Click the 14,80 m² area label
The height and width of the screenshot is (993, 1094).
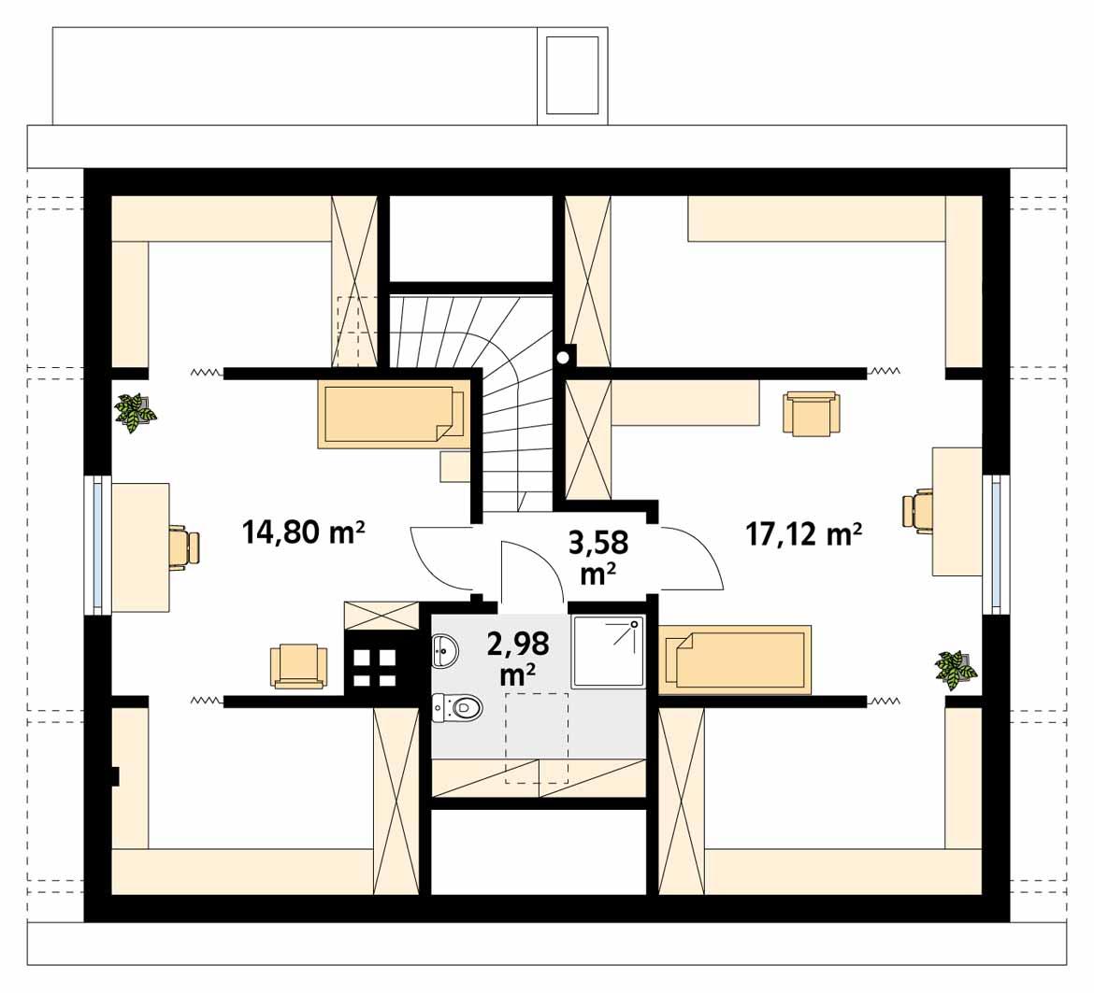(302, 533)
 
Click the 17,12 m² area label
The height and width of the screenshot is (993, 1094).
(803, 533)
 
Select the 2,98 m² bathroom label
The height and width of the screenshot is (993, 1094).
(518, 657)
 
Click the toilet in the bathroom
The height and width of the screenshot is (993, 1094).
(456, 708)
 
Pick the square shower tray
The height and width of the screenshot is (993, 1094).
(608, 651)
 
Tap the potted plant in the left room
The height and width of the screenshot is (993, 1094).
(135, 412)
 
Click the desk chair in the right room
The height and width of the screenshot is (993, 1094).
(919, 511)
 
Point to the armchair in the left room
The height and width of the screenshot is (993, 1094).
(298, 667)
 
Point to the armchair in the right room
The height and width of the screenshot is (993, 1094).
(811, 413)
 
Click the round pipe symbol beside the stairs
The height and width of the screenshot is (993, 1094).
(563, 357)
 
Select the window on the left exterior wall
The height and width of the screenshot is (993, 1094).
(96, 546)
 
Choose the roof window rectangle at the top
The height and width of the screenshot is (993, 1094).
(571, 76)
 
